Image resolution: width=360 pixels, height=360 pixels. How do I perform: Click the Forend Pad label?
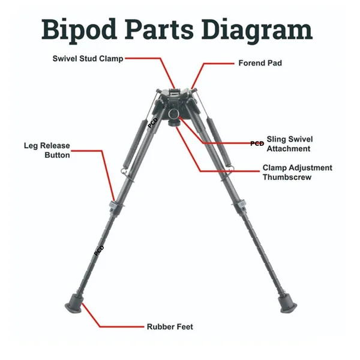coord(260,62)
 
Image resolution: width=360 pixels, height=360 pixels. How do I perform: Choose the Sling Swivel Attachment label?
coord(289,143)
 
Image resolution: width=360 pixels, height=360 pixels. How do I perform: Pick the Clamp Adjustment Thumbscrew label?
coord(297,172)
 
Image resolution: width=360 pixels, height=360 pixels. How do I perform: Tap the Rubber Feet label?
coord(170,327)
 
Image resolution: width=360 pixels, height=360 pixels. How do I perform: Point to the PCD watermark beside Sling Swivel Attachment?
coord(257,143)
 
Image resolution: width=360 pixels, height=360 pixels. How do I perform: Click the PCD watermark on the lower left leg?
coord(99,248)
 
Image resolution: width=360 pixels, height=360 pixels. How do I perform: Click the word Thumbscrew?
coord(287,177)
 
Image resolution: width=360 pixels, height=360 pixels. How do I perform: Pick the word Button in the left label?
coord(58,155)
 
